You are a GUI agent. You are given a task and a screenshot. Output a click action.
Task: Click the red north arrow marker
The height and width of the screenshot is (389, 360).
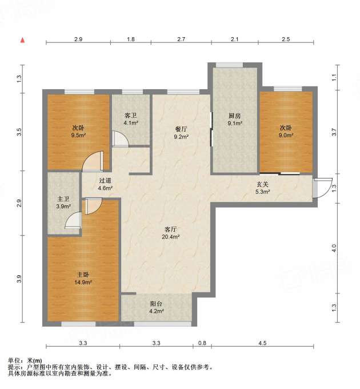tap(22, 40)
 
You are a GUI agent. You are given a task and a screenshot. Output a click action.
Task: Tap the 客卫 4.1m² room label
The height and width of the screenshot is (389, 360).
tap(131, 119)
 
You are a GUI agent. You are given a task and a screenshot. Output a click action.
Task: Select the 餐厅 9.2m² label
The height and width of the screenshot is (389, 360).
tap(181, 133)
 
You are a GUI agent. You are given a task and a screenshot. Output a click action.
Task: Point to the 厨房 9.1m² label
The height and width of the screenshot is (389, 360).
tap(235, 120)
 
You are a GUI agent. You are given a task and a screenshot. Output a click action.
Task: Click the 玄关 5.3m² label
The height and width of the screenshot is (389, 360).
tap(262, 188)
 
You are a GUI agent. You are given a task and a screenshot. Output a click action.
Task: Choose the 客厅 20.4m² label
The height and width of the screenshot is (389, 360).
tap(171, 233)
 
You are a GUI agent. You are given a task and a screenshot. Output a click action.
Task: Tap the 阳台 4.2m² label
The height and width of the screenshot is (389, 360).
tap(157, 307)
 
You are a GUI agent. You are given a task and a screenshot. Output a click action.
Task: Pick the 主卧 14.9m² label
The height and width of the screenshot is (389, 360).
tap(83, 279)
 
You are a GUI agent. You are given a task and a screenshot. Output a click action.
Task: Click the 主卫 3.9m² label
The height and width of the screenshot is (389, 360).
tap(63, 203)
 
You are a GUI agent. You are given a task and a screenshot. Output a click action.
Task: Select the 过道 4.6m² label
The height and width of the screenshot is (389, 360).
tap(105, 184)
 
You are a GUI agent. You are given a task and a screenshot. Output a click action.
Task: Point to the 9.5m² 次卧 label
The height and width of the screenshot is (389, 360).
tap(78, 132)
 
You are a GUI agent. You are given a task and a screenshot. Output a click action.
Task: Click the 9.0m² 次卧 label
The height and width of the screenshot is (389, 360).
tap(286, 132)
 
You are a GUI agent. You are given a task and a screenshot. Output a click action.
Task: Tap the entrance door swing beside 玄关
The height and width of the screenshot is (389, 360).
tap(322, 188)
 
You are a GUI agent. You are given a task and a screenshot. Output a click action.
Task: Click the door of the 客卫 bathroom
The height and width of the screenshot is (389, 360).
tap(121, 139)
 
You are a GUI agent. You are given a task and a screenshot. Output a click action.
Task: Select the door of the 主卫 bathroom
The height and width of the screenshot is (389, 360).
tap(73, 220)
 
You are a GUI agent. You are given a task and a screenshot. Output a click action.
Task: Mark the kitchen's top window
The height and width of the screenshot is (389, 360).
tap(230, 65)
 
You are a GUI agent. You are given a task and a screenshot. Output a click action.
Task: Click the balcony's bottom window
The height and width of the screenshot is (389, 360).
tap(163, 324)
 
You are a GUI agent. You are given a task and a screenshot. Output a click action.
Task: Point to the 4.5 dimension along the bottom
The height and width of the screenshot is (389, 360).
tap(262, 343)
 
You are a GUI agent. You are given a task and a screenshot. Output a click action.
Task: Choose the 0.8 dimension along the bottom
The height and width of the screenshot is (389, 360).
tap(202, 343)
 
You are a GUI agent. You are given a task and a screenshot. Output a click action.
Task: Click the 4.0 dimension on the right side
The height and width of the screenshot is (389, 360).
tap(334, 248)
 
